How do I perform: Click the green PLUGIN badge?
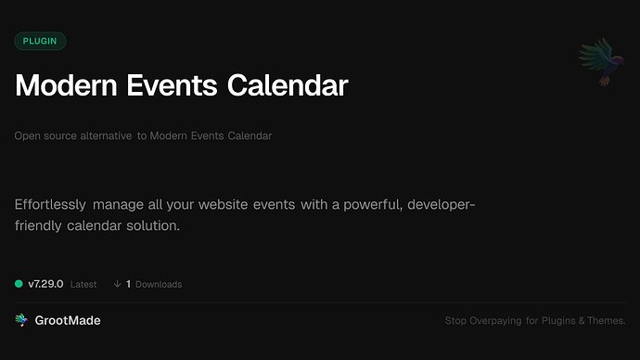click(x=40, y=41)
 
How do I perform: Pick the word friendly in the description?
click(x=42, y=225)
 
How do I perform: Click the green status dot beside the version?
click(x=19, y=284)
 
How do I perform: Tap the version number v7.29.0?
click(x=45, y=284)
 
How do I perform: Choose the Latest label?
click(x=83, y=284)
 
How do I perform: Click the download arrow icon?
click(x=117, y=284)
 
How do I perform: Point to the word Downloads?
click(x=159, y=284)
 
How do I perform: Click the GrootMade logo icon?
click(x=21, y=320)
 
